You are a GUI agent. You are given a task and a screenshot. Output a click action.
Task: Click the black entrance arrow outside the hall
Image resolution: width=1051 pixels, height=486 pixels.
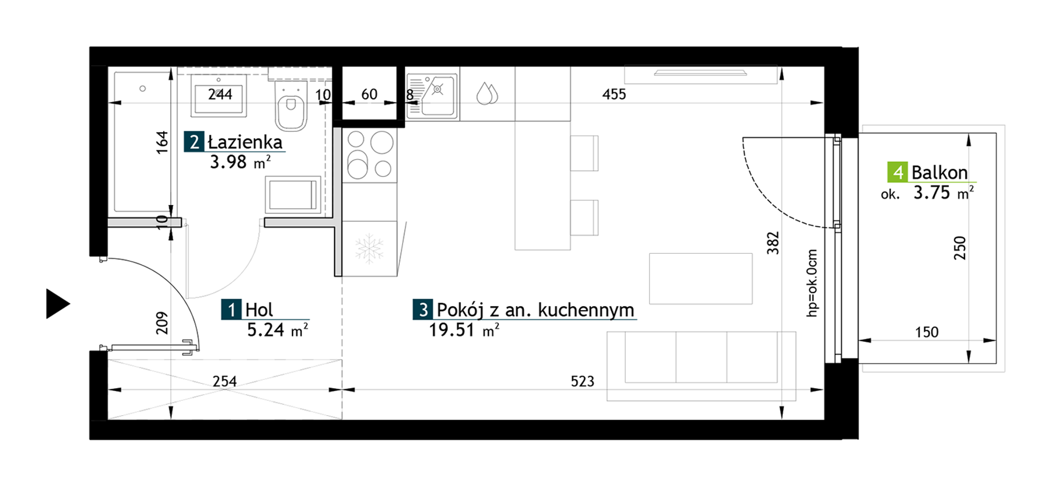(x=56, y=304)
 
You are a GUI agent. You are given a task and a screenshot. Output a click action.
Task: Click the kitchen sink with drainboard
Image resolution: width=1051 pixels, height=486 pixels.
(x=432, y=97)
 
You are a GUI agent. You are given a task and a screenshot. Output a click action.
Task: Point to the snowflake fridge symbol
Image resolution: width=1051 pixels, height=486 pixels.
(x=369, y=248)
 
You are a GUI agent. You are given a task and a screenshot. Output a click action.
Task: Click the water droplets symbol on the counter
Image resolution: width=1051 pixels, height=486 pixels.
(x=487, y=93)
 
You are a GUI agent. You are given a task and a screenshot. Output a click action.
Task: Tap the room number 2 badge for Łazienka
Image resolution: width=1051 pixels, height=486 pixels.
(x=194, y=142)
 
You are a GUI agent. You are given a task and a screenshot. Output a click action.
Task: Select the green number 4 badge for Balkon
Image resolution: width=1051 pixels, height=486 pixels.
(x=897, y=173)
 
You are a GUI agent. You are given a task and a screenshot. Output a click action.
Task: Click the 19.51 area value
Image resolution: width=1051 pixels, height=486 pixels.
(x=452, y=330)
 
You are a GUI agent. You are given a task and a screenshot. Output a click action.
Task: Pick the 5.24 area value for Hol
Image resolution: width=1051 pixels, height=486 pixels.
(x=266, y=330)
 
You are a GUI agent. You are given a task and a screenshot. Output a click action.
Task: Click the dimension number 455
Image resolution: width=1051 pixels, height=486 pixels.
(x=614, y=95)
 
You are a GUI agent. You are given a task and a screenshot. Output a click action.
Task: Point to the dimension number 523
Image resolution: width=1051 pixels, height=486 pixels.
(x=582, y=381)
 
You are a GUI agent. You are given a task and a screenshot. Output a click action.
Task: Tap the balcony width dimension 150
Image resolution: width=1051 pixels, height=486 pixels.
(x=927, y=332)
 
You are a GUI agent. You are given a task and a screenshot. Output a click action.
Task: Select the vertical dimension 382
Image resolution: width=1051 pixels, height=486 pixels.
(x=773, y=243)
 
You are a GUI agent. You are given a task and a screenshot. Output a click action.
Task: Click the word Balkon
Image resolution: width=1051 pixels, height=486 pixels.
(x=939, y=173)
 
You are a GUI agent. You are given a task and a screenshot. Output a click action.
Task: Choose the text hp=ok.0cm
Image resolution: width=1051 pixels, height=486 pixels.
(x=811, y=283)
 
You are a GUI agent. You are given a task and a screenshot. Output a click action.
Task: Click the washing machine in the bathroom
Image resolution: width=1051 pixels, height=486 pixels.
(x=293, y=195)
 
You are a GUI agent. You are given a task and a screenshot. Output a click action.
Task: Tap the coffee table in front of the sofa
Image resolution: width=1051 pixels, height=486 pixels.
(x=700, y=279)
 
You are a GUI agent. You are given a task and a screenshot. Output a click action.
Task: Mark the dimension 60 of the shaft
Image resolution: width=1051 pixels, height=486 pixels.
(x=369, y=95)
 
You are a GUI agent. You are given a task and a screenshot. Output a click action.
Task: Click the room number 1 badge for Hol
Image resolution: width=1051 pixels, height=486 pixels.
(x=231, y=310)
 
